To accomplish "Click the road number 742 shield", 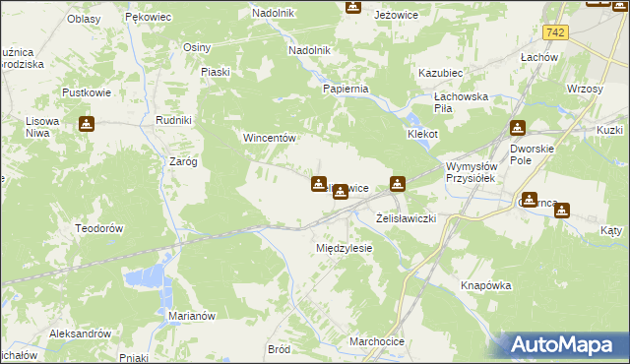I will (556, 32).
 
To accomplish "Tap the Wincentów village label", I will (271, 139).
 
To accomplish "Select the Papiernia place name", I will (346, 89).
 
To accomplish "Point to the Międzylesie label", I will (344, 248).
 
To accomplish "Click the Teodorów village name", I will (98, 227).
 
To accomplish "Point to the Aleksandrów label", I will (81, 334).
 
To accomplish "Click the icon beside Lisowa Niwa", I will (87, 124).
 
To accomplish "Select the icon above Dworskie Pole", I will (518, 128).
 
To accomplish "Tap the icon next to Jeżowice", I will (353, 7).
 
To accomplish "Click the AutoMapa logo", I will (565, 345).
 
